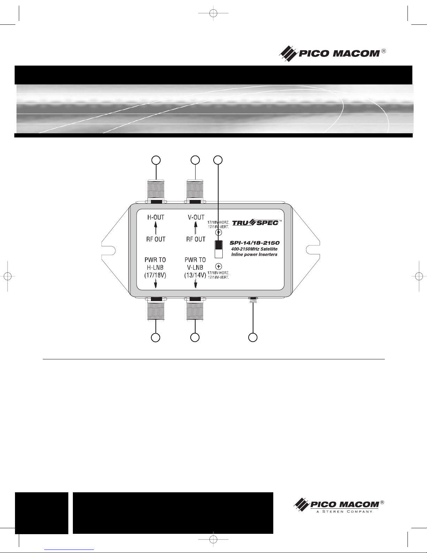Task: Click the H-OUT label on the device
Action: click(156, 217)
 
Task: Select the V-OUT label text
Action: click(196, 217)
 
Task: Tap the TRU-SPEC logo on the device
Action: click(256, 222)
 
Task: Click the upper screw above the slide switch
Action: click(219, 232)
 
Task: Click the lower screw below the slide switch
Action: click(219, 266)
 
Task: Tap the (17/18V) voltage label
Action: click(155, 275)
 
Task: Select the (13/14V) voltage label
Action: click(195, 275)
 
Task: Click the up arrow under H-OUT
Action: click(156, 229)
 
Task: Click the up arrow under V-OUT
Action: click(196, 229)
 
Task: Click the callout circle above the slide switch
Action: click(218, 160)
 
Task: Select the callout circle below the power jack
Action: click(253, 337)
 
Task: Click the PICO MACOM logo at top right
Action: click(333, 53)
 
